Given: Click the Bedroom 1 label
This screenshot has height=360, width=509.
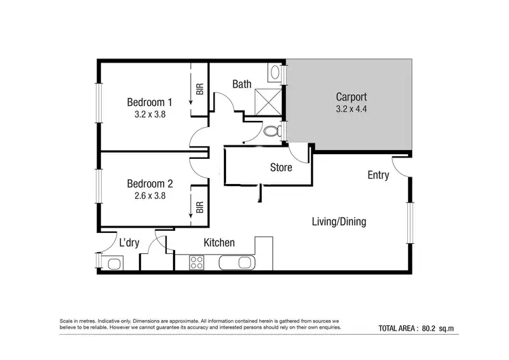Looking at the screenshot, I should (x=150, y=103).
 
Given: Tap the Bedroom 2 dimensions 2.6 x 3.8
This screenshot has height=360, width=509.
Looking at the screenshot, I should (x=150, y=196).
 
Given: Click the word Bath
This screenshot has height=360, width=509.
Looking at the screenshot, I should (x=242, y=84).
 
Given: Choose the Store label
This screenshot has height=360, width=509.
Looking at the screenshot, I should (x=281, y=167).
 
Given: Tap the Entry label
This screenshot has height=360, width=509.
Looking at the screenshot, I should (x=378, y=175).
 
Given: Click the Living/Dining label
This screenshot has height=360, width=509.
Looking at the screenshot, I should (x=343, y=221).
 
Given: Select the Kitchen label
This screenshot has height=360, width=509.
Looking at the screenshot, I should (x=219, y=242).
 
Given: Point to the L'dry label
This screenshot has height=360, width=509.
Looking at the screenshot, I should (x=129, y=242).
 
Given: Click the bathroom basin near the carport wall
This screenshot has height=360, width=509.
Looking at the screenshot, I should (x=275, y=72).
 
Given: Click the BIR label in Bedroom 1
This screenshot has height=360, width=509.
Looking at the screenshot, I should (x=200, y=89).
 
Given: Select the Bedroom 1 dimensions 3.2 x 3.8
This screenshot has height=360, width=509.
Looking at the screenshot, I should (x=150, y=115).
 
